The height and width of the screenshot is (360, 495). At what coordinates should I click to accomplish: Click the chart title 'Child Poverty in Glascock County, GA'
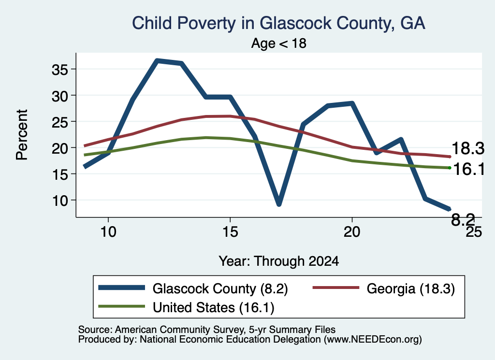click(x=278, y=23)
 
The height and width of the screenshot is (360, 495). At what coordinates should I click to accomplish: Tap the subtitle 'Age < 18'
click(x=279, y=43)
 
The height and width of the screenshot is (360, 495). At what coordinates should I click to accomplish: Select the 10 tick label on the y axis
click(x=59, y=201)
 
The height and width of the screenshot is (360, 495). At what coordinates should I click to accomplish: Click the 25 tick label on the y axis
click(x=59, y=122)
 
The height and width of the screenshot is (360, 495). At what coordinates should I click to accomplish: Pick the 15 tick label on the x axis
click(x=230, y=232)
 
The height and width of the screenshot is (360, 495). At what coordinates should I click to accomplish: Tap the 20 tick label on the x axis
click(x=352, y=232)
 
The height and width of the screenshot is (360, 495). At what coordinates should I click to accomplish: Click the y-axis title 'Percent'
click(x=22, y=135)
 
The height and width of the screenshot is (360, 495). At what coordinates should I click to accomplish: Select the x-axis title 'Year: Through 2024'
click(x=279, y=261)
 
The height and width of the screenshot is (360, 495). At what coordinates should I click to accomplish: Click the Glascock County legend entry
click(x=193, y=288)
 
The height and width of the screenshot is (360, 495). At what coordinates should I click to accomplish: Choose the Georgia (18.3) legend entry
click(x=383, y=288)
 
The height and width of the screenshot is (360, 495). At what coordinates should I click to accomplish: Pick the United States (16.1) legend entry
click(x=186, y=307)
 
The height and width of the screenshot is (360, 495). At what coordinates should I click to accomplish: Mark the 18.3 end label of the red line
click(x=468, y=148)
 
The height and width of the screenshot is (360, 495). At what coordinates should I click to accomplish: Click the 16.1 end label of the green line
click(x=468, y=169)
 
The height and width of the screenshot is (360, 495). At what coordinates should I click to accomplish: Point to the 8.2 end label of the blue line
click(x=463, y=219)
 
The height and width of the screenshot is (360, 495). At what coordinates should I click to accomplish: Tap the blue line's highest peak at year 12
click(x=157, y=60)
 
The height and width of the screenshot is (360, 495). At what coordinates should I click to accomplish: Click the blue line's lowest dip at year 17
click(x=279, y=204)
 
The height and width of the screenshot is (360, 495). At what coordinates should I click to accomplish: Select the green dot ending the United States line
click(x=450, y=168)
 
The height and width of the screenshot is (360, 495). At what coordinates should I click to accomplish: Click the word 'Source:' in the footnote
click(x=95, y=330)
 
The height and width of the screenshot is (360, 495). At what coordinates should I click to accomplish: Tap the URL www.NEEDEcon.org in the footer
click(x=372, y=339)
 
